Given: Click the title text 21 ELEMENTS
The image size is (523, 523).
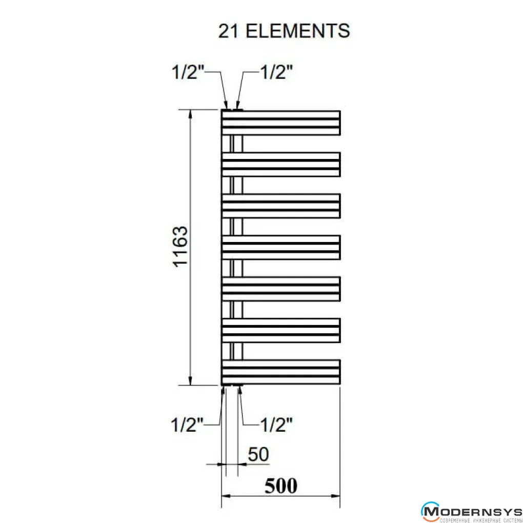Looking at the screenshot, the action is pos(284,31).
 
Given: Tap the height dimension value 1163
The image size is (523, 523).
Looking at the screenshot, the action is pos(180,247).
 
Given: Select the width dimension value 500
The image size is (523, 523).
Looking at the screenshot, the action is pos(281,486).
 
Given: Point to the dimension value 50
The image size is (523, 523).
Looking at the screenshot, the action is pos(258,454).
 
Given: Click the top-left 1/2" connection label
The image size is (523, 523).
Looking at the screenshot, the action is pos(188,72).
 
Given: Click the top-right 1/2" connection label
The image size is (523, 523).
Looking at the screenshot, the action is pos(276,72).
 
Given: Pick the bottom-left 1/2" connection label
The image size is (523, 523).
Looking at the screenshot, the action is pos(187,425).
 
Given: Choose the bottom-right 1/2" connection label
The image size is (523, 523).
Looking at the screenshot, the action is pos(276,425).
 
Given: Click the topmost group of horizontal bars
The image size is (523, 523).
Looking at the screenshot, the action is pos(281,123).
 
